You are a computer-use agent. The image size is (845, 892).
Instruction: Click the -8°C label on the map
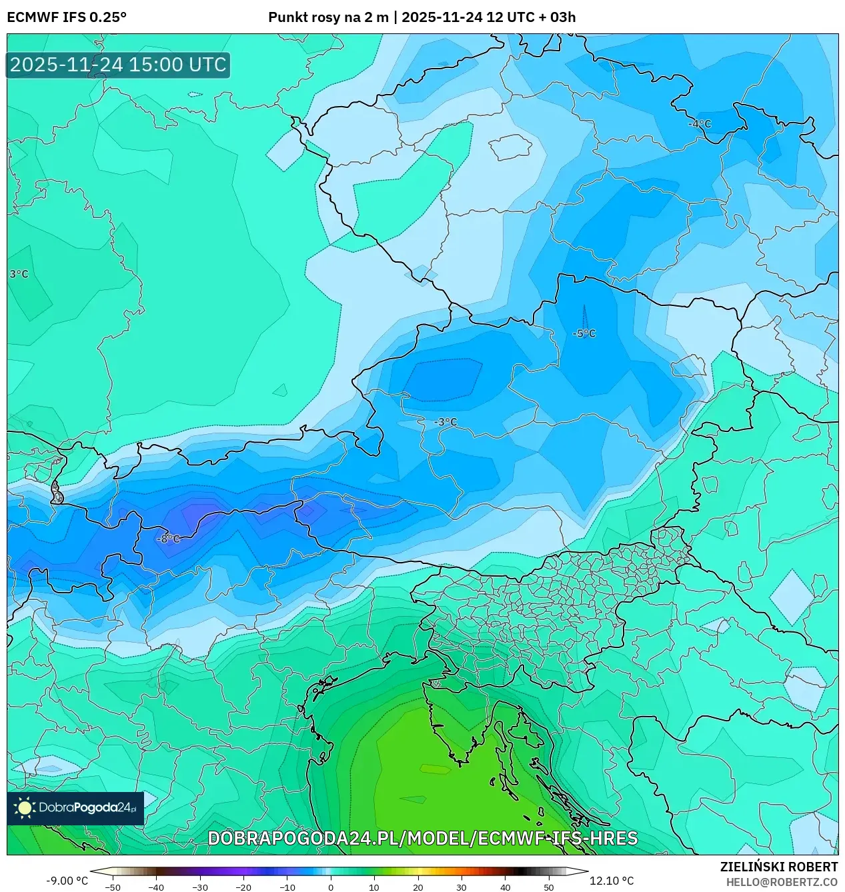(168, 539)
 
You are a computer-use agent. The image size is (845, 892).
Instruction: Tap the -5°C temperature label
(584, 333)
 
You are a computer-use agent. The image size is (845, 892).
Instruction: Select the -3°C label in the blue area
(446, 422)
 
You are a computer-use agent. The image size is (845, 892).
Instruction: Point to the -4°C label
(700, 124)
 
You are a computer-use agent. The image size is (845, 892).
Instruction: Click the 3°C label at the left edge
(19, 274)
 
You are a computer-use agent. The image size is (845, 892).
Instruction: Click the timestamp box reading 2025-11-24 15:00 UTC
(118, 65)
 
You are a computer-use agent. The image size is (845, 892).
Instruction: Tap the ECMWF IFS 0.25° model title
(67, 17)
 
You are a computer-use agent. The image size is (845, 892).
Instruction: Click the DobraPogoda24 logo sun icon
(25, 808)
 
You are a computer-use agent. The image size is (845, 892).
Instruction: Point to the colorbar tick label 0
(331, 887)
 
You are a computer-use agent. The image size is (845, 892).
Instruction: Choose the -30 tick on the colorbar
(199, 887)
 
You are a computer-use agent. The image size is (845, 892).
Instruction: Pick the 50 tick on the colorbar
(549, 887)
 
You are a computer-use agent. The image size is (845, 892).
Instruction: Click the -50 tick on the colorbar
(113, 887)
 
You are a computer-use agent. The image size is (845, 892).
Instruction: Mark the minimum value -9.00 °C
(67, 881)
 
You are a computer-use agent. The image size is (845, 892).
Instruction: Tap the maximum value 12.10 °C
(612, 881)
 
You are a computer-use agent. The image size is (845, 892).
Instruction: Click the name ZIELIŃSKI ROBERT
(779, 867)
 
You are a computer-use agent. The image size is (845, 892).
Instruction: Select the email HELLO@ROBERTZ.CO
(782, 882)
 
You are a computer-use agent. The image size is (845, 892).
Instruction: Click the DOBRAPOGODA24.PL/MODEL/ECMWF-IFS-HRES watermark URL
(423, 838)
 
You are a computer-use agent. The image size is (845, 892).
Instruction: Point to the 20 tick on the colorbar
(418, 887)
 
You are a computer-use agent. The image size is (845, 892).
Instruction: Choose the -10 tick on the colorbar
(287, 887)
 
